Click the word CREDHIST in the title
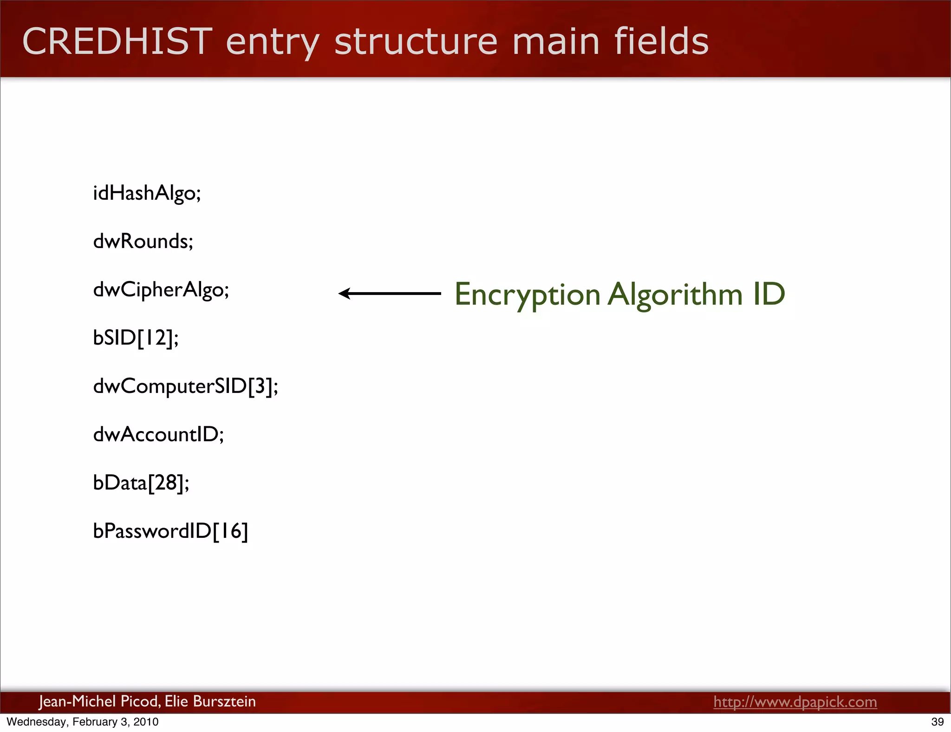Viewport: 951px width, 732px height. click(117, 42)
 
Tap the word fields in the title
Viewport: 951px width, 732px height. click(661, 42)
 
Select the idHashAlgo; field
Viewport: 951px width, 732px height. click(147, 193)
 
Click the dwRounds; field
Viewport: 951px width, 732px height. click(143, 242)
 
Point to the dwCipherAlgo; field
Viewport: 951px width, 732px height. click(161, 290)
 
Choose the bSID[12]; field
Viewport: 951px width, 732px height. click(136, 338)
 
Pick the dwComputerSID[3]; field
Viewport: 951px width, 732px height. click(186, 386)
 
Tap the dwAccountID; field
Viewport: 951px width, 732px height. click(158, 435)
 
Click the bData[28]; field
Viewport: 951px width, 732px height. click(141, 483)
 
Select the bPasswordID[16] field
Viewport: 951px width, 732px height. click(170, 531)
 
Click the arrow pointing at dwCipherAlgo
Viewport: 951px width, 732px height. click(389, 294)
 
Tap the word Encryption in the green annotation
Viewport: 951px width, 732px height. click(528, 294)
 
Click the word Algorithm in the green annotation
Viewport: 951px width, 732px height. click(675, 294)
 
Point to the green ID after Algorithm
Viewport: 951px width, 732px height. click(769, 294)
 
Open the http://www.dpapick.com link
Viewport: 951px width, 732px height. click(795, 702)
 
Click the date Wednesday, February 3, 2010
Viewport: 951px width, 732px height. click(83, 722)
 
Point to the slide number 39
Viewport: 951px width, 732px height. click(938, 722)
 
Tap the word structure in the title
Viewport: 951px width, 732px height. click(416, 42)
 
